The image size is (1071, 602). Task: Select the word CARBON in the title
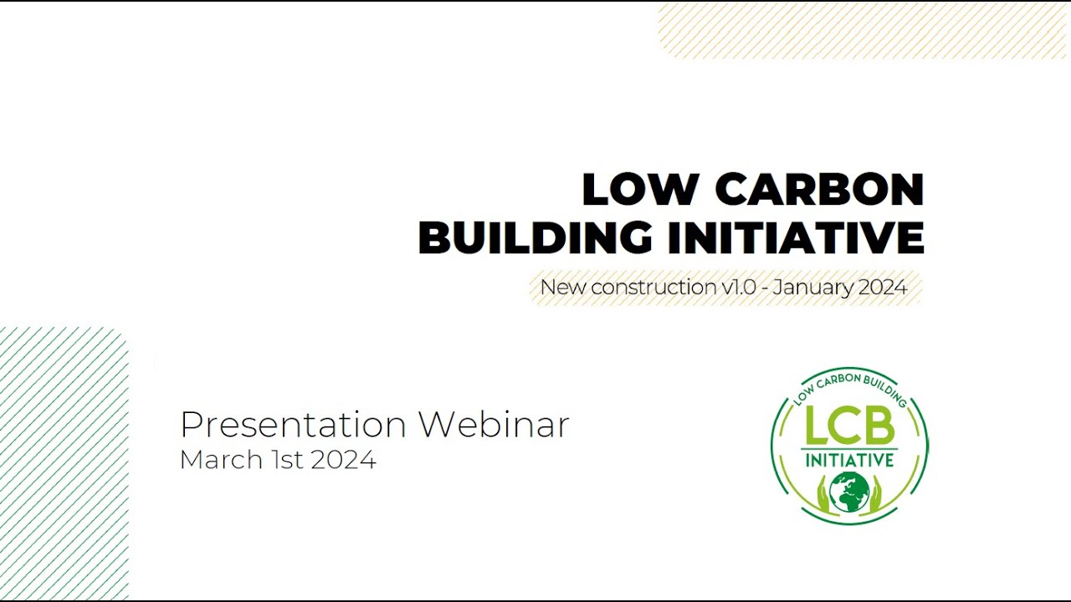tap(819, 190)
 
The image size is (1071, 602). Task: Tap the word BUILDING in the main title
tap(535, 238)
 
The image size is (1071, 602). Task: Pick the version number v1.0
tap(739, 288)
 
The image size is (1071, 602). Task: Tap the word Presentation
tap(293, 425)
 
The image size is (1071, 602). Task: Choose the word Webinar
tap(494, 425)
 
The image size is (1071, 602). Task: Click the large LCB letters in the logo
tap(849, 427)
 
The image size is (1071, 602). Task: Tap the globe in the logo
tap(849, 492)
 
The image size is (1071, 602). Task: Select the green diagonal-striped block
tap(63, 464)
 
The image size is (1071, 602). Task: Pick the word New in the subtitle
tap(563, 288)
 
